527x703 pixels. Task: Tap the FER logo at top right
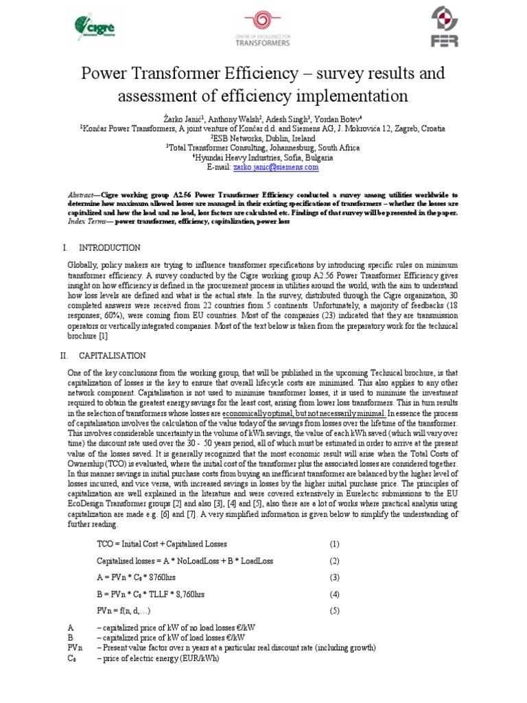(443, 27)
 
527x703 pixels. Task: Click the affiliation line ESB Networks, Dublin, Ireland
(263, 138)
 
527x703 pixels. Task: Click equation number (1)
(334, 544)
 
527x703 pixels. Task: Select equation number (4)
(334, 594)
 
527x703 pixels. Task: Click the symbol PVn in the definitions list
(75, 647)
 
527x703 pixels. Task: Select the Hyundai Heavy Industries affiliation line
(263, 157)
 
